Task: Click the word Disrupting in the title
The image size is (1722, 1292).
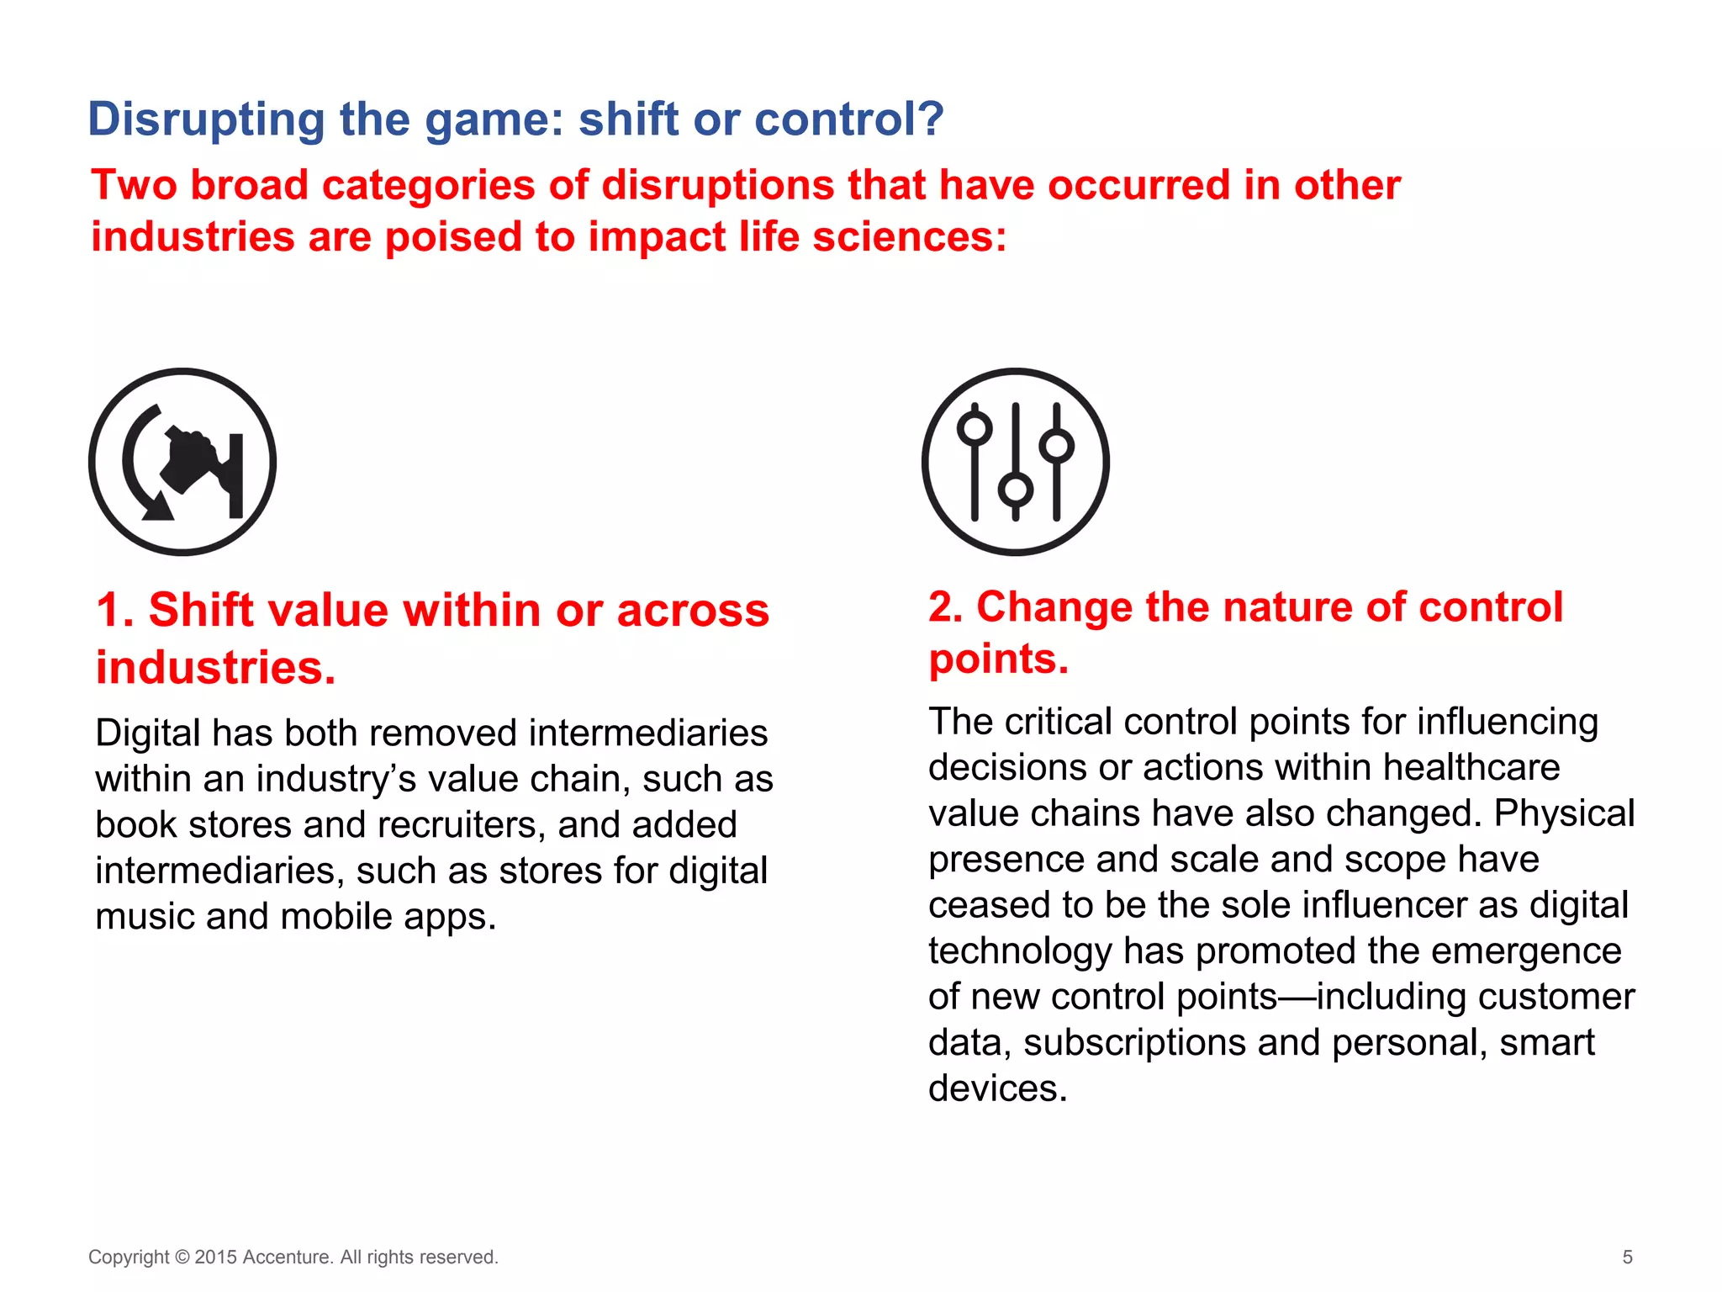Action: click(206, 119)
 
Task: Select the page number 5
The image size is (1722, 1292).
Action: click(1627, 1257)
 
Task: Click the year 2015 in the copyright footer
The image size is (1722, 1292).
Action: click(215, 1257)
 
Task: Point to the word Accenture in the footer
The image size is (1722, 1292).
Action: click(288, 1257)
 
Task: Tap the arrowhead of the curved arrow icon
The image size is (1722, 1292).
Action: click(156, 506)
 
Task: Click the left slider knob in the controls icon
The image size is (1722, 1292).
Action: click(975, 428)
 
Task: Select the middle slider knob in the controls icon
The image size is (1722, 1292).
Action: click(1016, 489)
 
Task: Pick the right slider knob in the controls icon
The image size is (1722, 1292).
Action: click(1056, 445)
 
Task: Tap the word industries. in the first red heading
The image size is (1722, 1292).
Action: click(215, 668)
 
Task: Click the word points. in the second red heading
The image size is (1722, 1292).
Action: click(998, 659)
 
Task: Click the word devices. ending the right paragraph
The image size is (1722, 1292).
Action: click(997, 1088)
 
